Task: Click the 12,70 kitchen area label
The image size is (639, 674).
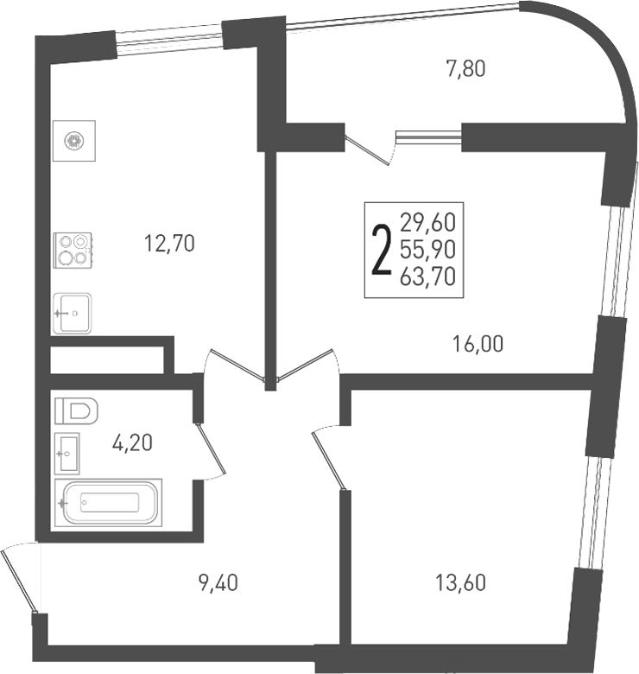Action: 169,244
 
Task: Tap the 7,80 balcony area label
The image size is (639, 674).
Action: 466,69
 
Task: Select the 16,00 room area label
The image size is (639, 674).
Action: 478,344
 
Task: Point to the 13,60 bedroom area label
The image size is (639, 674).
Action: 461,583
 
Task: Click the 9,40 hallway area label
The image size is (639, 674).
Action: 218,583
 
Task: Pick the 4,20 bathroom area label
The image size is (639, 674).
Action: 132,442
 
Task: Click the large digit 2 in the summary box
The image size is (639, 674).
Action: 382,251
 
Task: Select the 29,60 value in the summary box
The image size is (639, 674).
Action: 427,222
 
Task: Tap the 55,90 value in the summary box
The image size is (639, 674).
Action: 427,250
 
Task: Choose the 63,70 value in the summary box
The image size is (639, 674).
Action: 427,277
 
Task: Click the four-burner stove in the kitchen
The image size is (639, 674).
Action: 73,251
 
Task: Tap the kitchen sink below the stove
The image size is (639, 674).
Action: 72,314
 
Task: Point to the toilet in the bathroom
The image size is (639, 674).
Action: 77,411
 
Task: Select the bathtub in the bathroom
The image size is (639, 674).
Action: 108,503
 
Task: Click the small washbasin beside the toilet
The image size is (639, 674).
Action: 67,454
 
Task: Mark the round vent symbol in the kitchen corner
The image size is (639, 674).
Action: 74,141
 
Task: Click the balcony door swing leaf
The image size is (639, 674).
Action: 366,150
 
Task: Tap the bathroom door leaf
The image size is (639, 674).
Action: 211,449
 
